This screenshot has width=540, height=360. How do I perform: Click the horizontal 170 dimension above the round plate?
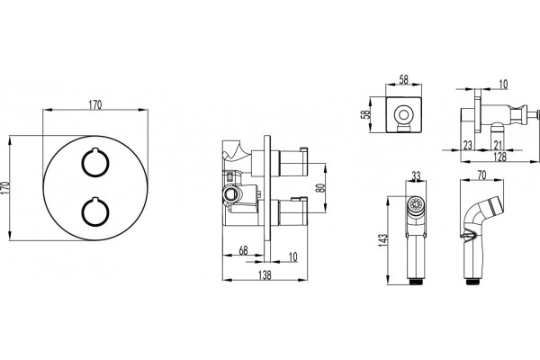(x=95, y=104)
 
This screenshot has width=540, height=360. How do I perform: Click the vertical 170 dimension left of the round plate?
(x=4, y=188)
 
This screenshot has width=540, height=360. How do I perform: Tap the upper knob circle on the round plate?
(x=95, y=162)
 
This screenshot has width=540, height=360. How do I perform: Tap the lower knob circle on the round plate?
(x=95, y=211)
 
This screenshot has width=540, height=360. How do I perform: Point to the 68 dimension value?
(x=243, y=250)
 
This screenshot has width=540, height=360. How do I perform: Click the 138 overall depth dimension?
(x=265, y=274)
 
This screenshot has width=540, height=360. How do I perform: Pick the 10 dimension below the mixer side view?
(x=292, y=256)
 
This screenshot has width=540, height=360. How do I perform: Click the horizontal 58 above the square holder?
(x=403, y=79)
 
